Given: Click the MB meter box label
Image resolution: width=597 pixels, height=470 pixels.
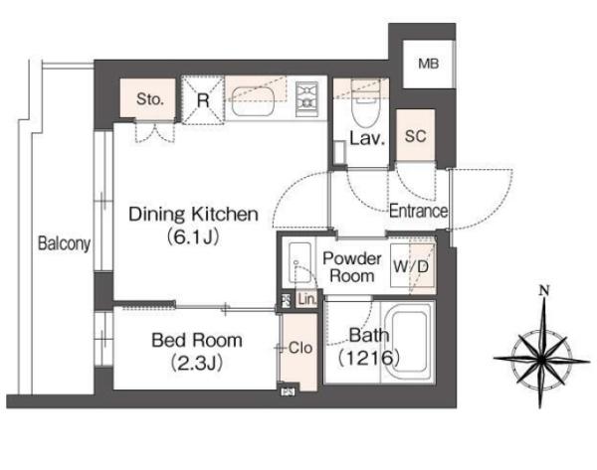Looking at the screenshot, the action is (x=428, y=64).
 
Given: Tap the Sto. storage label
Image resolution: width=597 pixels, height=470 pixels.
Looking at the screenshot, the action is (x=150, y=99).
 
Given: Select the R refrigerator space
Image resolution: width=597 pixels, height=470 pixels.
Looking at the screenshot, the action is (x=203, y=100).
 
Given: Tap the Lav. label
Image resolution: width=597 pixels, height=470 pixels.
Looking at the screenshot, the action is (x=367, y=138).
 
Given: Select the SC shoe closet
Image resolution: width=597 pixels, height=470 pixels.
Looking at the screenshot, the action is (x=415, y=135).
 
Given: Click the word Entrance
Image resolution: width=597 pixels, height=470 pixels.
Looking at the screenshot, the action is (x=419, y=211).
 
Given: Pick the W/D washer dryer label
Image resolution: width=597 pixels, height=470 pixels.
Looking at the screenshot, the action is (x=411, y=266).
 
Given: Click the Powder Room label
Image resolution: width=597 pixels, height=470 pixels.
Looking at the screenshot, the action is (x=352, y=267).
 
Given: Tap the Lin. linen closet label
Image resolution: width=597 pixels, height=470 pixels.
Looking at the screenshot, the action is (x=306, y=299).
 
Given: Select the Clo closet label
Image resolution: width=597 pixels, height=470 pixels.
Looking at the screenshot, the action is (x=300, y=348).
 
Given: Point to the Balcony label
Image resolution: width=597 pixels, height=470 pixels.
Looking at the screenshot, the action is (x=65, y=243).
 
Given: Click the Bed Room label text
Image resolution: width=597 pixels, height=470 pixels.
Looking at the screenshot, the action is (x=197, y=340).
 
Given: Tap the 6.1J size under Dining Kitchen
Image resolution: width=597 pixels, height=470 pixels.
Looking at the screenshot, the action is (x=193, y=237).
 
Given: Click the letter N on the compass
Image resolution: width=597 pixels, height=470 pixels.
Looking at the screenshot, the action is (x=545, y=291).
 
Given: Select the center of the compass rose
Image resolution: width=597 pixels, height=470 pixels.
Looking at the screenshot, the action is (x=541, y=359).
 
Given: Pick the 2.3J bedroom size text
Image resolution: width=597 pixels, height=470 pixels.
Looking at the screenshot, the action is (x=196, y=363).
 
